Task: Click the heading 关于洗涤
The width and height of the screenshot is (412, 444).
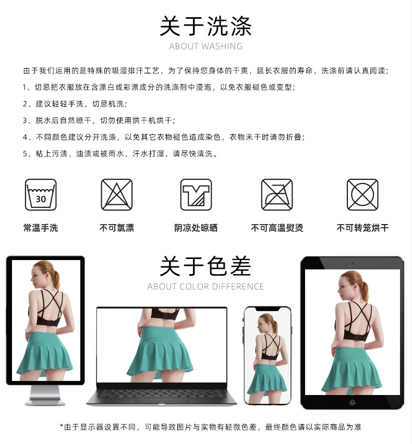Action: point(205,26)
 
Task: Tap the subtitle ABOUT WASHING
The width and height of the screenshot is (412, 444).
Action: point(205,46)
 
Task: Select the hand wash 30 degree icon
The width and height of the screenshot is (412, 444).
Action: point(41,195)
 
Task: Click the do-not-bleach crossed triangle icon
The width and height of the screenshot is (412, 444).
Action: point(117,195)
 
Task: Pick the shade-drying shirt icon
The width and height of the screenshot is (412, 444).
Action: point(196,195)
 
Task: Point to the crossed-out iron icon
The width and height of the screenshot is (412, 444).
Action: point(277,195)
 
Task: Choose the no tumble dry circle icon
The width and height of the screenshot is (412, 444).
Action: point(362,195)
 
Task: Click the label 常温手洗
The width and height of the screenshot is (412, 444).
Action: point(41,228)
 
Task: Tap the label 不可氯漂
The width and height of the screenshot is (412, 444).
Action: point(117,228)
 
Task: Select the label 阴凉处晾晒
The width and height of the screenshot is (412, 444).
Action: point(196,228)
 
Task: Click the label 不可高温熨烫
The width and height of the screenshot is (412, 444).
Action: point(277,228)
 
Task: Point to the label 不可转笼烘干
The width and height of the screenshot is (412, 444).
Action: point(362,228)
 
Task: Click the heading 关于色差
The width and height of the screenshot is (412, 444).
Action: point(205,266)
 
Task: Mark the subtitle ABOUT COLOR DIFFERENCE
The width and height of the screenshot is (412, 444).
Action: point(205,287)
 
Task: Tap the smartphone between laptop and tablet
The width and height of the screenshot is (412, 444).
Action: point(268,354)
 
